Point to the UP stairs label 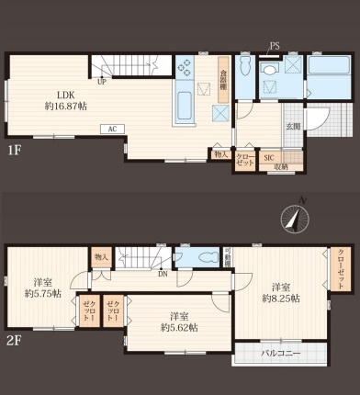pos(102,82)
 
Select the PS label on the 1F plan pos(275,46)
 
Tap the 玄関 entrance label pos(292,127)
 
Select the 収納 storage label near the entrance pos(279,167)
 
